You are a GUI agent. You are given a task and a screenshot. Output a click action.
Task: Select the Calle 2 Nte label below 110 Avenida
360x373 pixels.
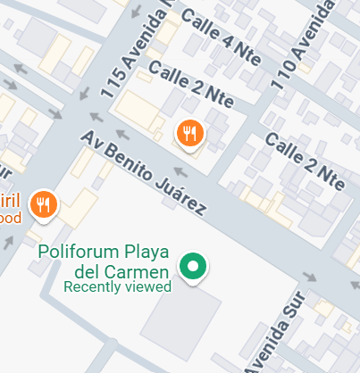pos(304,162)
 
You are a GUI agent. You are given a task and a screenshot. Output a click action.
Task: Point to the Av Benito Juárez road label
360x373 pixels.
pos(143,173)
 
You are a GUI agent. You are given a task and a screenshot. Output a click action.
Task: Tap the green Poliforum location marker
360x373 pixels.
pos(193,266)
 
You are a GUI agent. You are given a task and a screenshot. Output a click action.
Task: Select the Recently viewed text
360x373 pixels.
pos(117,286)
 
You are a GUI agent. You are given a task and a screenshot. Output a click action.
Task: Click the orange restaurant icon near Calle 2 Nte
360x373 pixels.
pos(189,134)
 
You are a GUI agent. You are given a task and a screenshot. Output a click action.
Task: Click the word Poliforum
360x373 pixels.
pos(79,253)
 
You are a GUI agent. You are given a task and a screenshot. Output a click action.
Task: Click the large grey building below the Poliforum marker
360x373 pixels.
pos(180,321)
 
